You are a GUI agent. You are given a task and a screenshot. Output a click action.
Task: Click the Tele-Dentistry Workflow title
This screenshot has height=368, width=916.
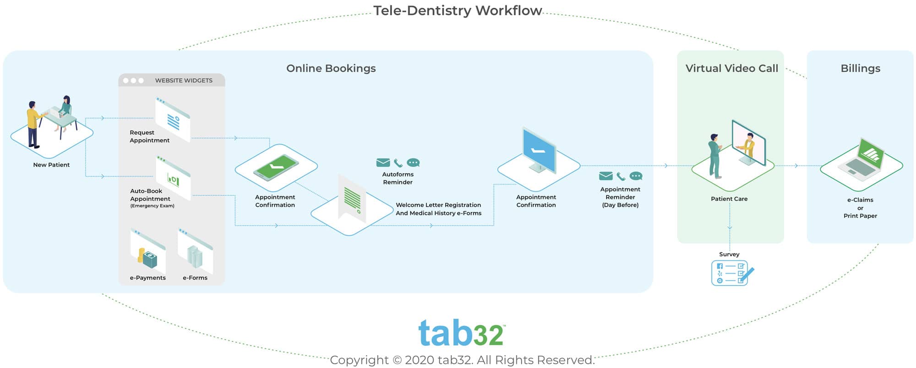457,11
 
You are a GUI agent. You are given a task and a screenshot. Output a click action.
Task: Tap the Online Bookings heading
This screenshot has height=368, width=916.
331,68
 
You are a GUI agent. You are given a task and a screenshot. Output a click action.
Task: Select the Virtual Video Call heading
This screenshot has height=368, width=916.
731,68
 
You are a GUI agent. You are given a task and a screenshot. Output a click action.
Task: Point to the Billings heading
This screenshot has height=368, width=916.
860,68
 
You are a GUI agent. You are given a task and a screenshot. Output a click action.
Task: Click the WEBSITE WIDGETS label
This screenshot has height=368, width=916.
183,81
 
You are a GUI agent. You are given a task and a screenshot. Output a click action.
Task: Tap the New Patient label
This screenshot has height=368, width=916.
51,165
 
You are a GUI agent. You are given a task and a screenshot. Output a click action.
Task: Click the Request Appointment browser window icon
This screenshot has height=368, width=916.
173,119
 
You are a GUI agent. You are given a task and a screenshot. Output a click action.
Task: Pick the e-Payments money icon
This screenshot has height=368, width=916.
147,254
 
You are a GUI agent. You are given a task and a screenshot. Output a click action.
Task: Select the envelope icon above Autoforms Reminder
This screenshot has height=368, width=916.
383,162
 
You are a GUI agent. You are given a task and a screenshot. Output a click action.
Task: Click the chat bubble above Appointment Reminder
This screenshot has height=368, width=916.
636,176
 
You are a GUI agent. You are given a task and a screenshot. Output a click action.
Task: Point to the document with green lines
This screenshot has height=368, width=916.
352,199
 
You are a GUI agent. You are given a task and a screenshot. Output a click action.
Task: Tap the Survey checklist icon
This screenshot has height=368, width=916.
731,273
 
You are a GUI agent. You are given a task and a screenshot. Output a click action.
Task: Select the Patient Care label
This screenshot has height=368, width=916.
729,199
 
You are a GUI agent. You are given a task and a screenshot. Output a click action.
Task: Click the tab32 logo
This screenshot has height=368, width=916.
461,333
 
